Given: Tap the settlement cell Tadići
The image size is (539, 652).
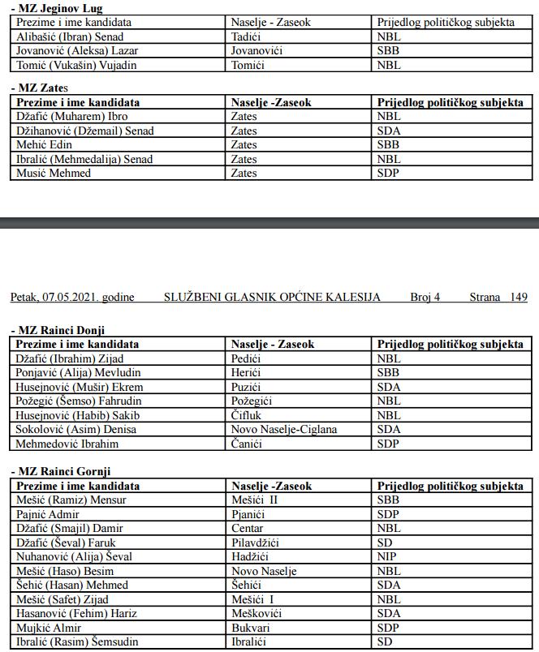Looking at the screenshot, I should [247, 36].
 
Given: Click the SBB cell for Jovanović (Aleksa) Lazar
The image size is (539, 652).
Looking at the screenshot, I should [389, 50].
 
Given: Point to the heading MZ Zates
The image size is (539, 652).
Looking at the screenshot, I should [41, 88].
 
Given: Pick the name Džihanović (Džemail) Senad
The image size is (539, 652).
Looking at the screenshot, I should [84, 131].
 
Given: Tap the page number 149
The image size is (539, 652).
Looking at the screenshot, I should [519, 298].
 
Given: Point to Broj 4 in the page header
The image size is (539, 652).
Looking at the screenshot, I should [425, 298].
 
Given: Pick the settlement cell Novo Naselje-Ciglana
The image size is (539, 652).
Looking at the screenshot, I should [283, 429].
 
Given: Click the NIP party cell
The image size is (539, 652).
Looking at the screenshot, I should [387, 556].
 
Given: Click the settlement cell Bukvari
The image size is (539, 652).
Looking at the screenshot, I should [251, 628].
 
